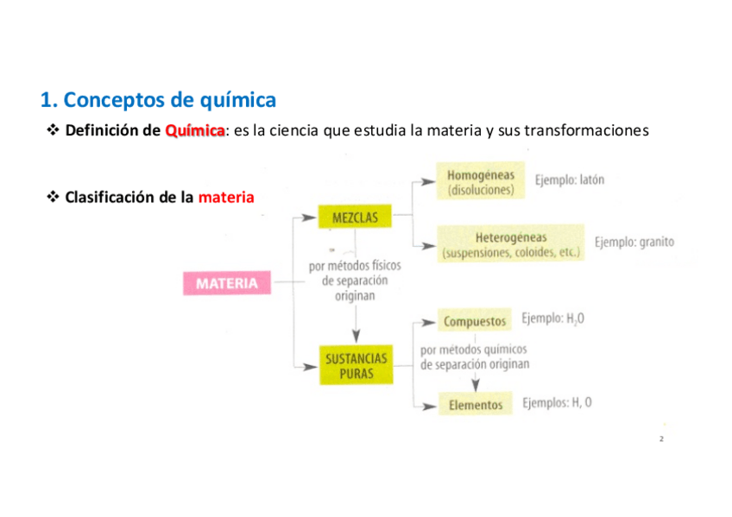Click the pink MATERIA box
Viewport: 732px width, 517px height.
pyautogui.click(x=226, y=283)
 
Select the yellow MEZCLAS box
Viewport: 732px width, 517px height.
pyautogui.click(x=355, y=218)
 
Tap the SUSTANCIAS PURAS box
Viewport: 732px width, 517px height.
pyautogui.click(x=356, y=365)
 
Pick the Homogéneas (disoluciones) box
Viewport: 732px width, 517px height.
pyautogui.click(x=480, y=183)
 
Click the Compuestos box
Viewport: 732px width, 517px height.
pyautogui.click(x=475, y=321)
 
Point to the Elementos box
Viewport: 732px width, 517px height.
pyautogui.click(x=475, y=404)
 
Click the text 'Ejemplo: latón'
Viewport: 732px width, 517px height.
pyautogui.click(x=569, y=180)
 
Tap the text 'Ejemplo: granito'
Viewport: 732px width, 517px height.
pyautogui.click(x=634, y=243)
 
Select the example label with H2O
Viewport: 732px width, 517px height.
pyautogui.click(x=552, y=319)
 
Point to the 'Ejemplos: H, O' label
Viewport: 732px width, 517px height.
pyautogui.click(x=557, y=403)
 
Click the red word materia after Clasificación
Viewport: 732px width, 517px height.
pyautogui.click(x=226, y=198)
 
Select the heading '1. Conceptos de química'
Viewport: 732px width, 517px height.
pyautogui.click(x=158, y=100)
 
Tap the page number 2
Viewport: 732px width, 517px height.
pyautogui.click(x=661, y=439)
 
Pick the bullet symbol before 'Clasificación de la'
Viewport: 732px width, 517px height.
pyautogui.click(x=51, y=198)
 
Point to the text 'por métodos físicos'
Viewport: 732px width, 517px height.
pyautogui.click(x=355, y=267)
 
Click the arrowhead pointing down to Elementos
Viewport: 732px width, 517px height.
pyautogui.click(x=475, y=387)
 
